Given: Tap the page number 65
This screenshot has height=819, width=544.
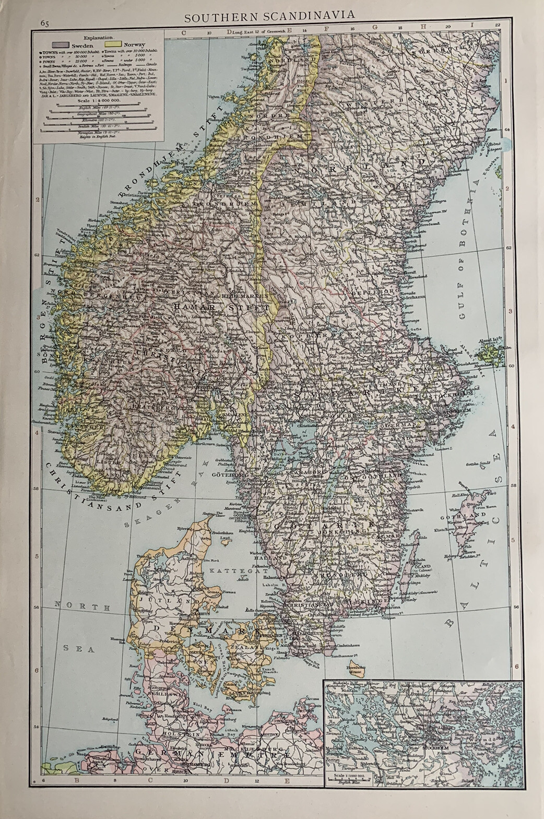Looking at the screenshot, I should click(44, 22).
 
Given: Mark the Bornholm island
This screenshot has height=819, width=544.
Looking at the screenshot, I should click(357, 669).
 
